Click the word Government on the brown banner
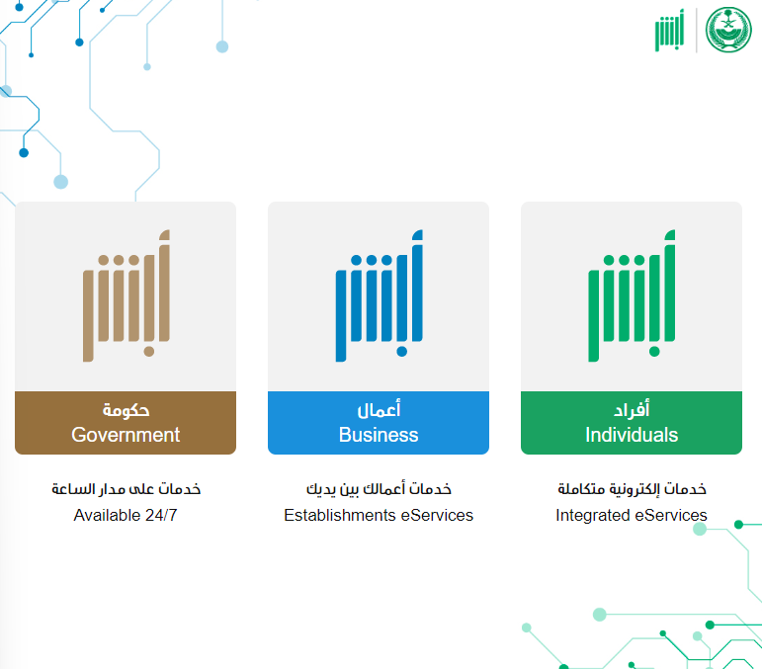(x=126, y=435)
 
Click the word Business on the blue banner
(x=379, y=435)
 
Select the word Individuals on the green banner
(x=632, y=435)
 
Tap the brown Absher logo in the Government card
(x=127, y=295)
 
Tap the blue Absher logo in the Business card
(x=380, y=295)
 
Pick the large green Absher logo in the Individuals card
(x=632, y=295)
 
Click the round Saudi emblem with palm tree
(x=728, y=30)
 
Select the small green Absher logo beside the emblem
(x=670, y=30)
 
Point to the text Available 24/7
(x=126, y=515)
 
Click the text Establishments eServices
(x=379, y=515)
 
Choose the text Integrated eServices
(x=632, y=515)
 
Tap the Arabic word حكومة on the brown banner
(x=126, y=410)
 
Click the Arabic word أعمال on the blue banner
(x=379, y=409)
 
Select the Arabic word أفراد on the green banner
(x=632, y=409)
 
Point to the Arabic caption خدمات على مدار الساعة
(x=127, y=488)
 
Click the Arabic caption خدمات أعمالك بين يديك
(x=379, y=489)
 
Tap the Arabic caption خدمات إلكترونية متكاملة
(x=632, y=489)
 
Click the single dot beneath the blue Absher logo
(x=402, y=351)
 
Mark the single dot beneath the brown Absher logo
(x=149, y=351)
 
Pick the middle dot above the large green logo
(x=624, y=260)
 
